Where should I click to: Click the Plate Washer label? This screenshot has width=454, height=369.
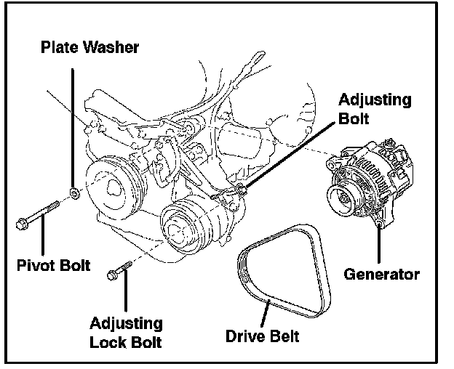click(89, 48)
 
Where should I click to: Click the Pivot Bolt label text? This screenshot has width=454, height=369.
click(53, 265)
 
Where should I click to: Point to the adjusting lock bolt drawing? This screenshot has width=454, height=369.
click(119, 271)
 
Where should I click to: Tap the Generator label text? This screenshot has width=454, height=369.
click(381, 275)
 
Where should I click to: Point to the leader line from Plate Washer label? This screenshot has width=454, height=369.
click(72, 123)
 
